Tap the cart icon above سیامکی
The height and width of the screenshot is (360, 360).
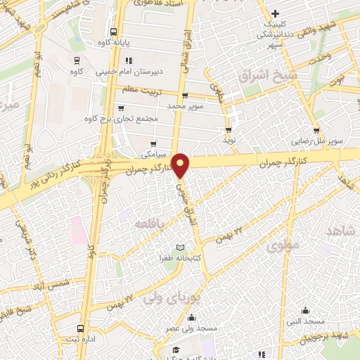pos(153,143)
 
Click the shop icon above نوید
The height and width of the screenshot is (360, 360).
pos(229,130)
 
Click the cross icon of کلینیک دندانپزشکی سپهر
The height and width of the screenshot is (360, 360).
pos(276,13)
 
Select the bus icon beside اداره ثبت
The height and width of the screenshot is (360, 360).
pos(81,328)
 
